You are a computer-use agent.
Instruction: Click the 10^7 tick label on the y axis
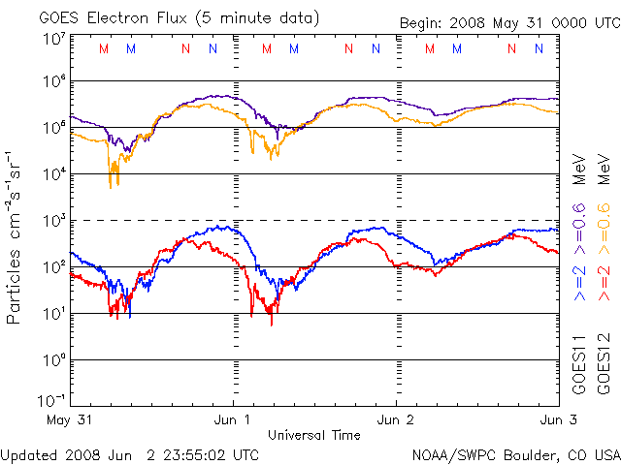[x=53, y=40]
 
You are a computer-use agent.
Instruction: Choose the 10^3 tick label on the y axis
[x=53, y=220]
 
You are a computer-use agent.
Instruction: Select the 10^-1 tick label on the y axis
[x=52, y=400]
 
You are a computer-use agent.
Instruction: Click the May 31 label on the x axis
[x=68, y=420]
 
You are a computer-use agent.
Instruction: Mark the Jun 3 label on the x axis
[x=556, y=420]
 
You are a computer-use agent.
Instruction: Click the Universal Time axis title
[x=314, y=435]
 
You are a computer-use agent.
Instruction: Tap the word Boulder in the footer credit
[x=527, y=453]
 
